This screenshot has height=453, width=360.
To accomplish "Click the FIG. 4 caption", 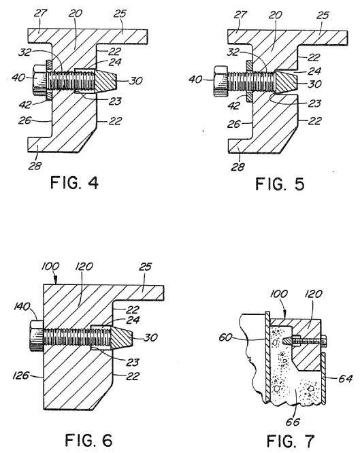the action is click(x=74, y=182).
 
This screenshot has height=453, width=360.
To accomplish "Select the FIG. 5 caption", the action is click(x=280, y=184).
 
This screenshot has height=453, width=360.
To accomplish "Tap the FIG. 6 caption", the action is click(x=88, y=440).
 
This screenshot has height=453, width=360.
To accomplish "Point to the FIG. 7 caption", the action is click(x=290, y=441).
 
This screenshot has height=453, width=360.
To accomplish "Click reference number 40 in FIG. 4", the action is click(x=18, y=78).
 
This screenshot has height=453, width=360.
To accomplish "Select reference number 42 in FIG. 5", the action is click(x=233, y=105).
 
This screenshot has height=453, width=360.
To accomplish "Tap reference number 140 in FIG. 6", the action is click(x=22, y=306).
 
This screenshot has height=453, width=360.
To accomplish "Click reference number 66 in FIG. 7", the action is click(x=293, y=422).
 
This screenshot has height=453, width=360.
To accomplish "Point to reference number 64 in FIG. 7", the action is click(x=345, y=378).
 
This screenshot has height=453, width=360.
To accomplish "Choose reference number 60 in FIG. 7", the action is click(x=225, y=337).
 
